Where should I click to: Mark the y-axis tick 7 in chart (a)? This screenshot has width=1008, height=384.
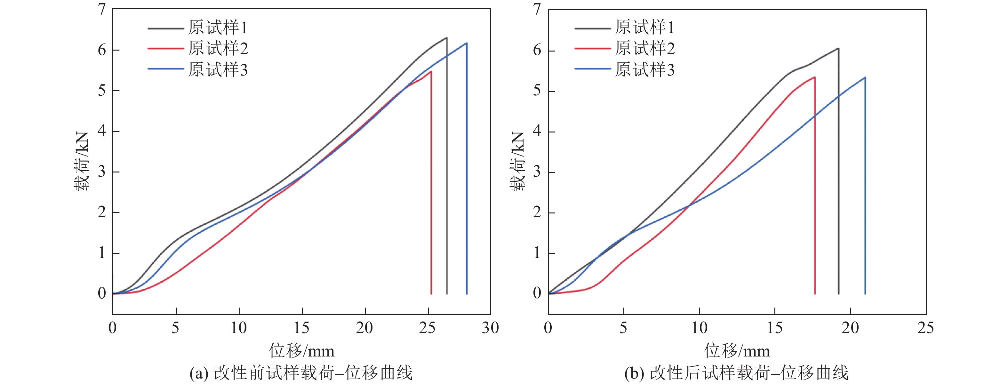click(x=102, y=9)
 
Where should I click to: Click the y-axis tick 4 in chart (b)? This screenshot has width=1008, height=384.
click(x=537, y=131)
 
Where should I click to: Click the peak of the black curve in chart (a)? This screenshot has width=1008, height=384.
click(x=446, y=37)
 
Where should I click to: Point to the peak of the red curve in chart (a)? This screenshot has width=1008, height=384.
click(x=431, y=71)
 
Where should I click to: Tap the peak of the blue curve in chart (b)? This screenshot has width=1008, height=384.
click(x=865, y=77)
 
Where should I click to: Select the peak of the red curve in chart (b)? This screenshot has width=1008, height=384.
click(x=814, y=77)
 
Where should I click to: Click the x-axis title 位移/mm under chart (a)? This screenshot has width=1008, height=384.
click(x=302, y=351)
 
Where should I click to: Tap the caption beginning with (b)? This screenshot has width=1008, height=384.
click(x=736, y=373)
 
